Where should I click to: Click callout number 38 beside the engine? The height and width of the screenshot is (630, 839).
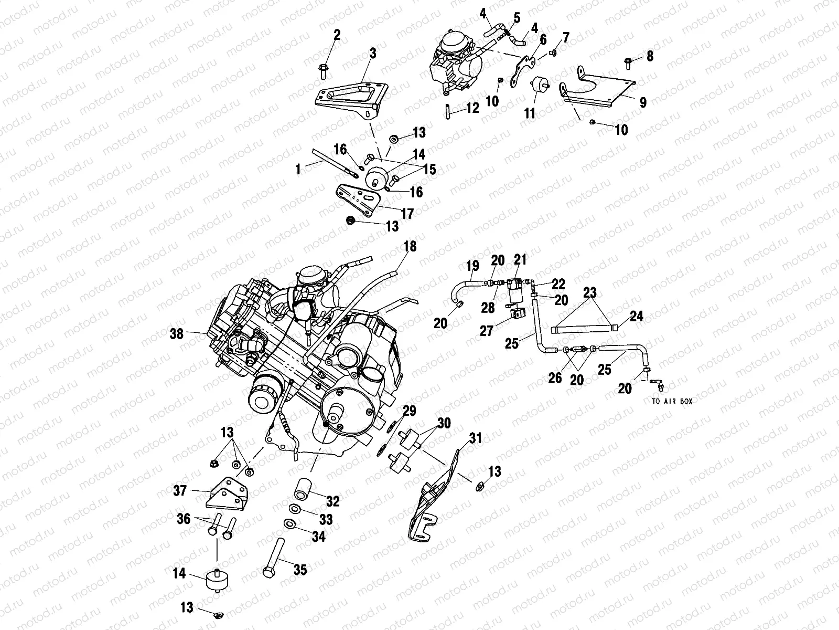pyautogui.click(x=177, y=333)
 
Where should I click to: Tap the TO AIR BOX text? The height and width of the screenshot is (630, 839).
pyautogui.click(x=673, y=402)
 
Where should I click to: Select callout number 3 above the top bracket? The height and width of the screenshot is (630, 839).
pyautogui.click(x=372, y=54)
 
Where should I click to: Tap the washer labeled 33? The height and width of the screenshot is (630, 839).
pyautogui.click(x=295, y=509)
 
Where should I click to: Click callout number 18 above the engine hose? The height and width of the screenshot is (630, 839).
pyautogui.click(x=410, y=246)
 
